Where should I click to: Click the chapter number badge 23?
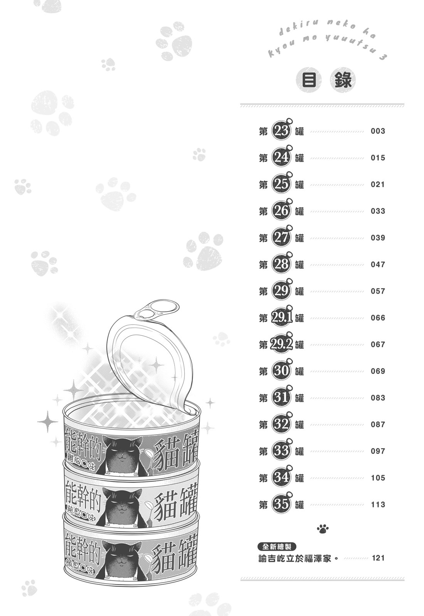[x=281, y=131]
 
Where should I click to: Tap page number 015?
[x=378, y=158]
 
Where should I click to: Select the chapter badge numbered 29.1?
[x=281, y=318]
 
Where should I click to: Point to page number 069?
[x=378, y=371]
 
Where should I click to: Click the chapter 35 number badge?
[x=281, y=504]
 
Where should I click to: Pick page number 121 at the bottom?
[x=378, y=558]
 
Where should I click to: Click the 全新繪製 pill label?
[x=277, y=546]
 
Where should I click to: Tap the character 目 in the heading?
[x=309, y=80]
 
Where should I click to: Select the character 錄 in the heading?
[x=343, y=80]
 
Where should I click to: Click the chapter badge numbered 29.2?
[x=281, y=345]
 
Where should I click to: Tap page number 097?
[x=378, y=451]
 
